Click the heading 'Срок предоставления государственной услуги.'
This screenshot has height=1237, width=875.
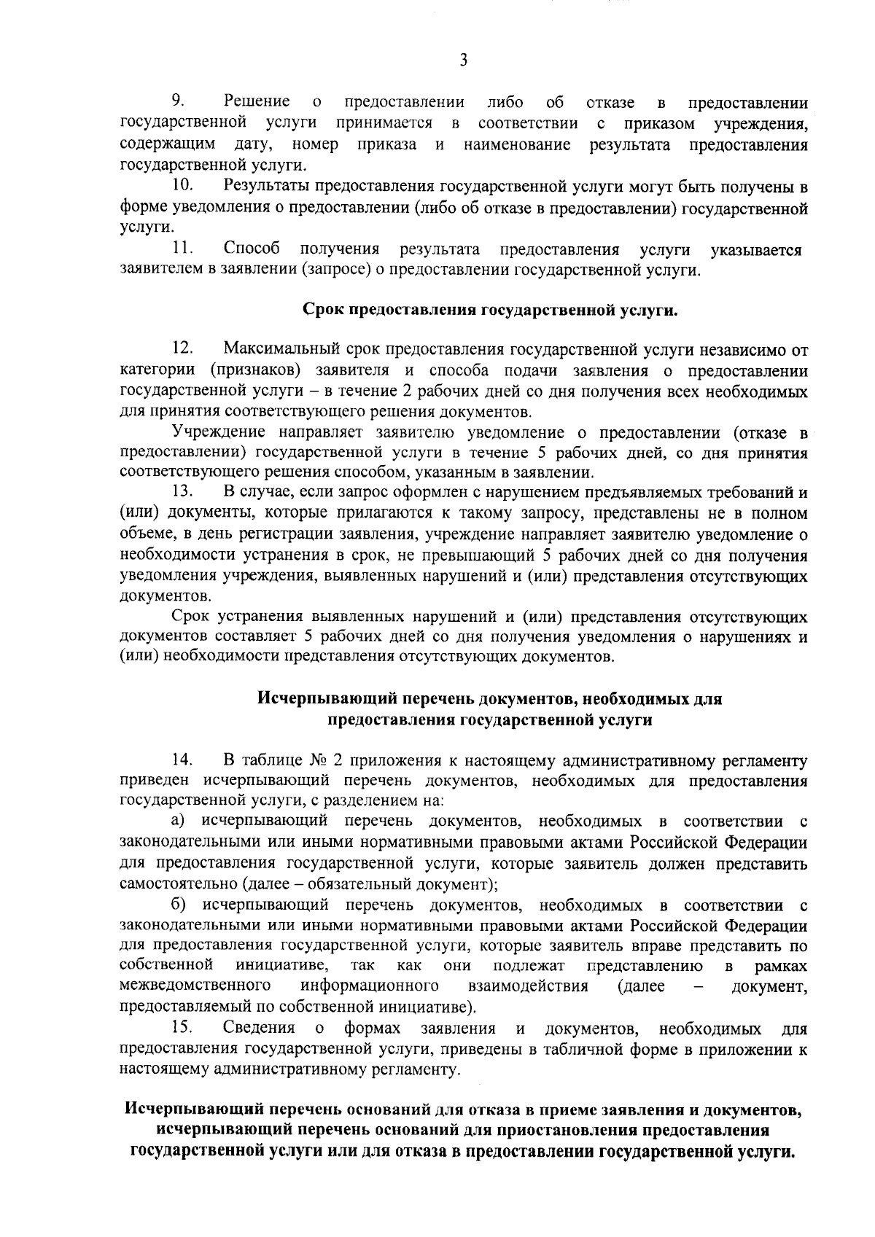pyautogui.click(x=490, y=311)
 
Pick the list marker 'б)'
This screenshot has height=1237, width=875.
pyautogui.click(x=179, y=905)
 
